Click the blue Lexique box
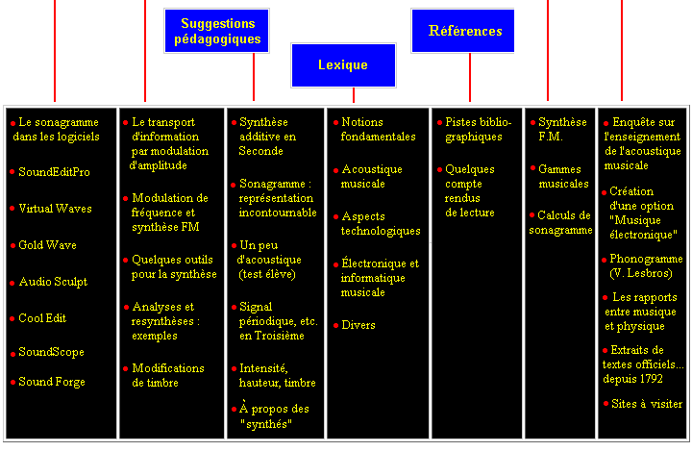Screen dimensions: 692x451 coord(343,65)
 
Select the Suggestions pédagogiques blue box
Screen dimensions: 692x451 coord(216,31)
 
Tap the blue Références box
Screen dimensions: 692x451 coord(463,31)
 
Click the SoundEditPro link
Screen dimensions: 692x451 coord(54,172)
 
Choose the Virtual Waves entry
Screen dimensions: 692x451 coord(55,209)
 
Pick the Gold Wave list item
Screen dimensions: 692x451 coord(47,245)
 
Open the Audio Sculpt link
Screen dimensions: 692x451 coord(53,282)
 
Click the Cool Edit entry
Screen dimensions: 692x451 coord(42,318)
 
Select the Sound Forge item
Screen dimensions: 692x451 coord(52,382)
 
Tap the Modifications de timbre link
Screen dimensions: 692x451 coord(167,375)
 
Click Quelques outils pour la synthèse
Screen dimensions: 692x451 coord(174,266)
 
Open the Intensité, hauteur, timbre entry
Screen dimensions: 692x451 coord(277,375)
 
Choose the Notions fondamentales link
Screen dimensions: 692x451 coord(378,129)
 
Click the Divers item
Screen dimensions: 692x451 coord(358,325)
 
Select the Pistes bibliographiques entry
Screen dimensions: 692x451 coord(478,129)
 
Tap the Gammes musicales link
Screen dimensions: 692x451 coord(563,176)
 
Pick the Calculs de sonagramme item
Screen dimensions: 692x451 coord(560,223)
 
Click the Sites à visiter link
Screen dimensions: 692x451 coord(647,404)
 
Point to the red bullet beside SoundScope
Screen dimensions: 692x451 coord(13,354)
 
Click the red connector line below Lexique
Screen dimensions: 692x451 coord(354,95)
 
